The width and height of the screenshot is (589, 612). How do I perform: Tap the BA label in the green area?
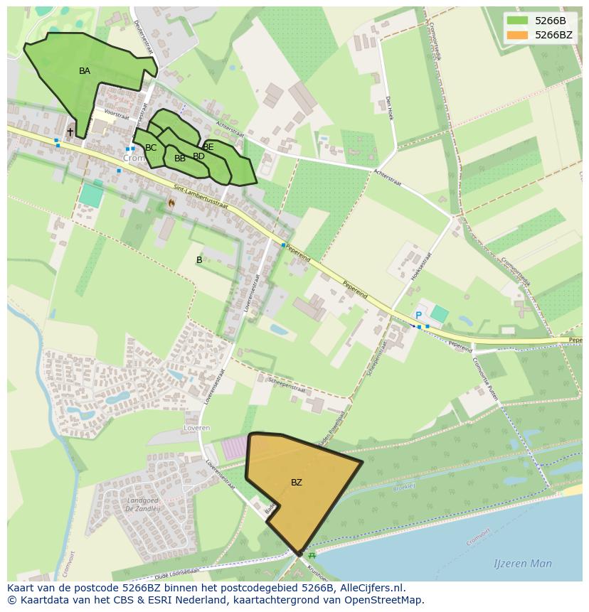[x=85, y=71]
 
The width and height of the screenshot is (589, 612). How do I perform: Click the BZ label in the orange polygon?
[x=297, y=483]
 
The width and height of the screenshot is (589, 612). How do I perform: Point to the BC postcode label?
[x=151, y=148]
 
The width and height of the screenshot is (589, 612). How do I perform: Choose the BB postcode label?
[x=180, y=159]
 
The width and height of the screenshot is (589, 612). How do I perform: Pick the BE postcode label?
[x=208, y=147]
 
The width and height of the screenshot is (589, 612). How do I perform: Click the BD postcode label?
[x=199, y=156]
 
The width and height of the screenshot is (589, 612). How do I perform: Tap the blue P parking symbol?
[x=418, y=316]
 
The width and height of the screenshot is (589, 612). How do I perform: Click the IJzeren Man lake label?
[x=523, y=564]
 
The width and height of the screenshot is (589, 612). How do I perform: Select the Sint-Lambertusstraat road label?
[x=201, y=197]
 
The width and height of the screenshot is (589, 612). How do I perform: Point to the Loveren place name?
[x=197, y=429]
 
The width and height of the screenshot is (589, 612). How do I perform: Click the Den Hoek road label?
[x=389, y=108]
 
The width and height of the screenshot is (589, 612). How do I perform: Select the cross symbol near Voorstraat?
[x=70, y=132]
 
